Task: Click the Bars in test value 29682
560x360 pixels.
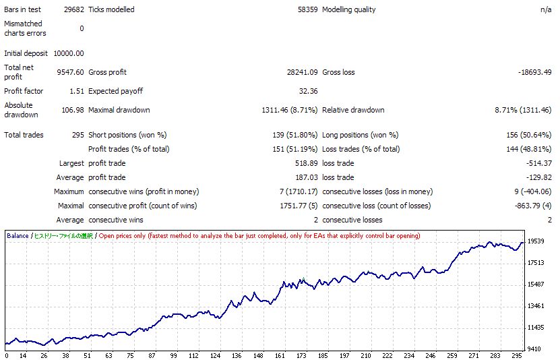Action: click(x=73, y=9)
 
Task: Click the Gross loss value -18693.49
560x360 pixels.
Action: click(x=534, y=72)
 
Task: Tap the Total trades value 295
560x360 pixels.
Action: click(x=77, y=135)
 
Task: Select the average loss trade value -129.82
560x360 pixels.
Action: click(x=538, y=177)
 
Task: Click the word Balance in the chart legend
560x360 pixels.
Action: click(x=18, y=236)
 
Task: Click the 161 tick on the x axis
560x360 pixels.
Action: click(x=280, y=355)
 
